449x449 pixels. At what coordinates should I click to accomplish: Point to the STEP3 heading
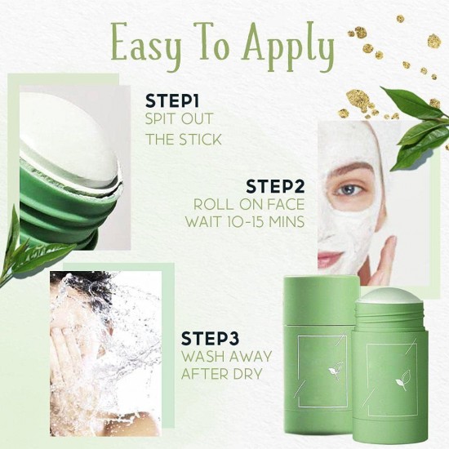point(213,338)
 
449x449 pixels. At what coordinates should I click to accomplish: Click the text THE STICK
point(183,139)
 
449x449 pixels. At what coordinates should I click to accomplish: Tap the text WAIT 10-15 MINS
point(243,222)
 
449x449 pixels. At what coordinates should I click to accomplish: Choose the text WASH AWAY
point(222,356)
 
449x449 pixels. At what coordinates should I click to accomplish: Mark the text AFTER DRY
point(221,375)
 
